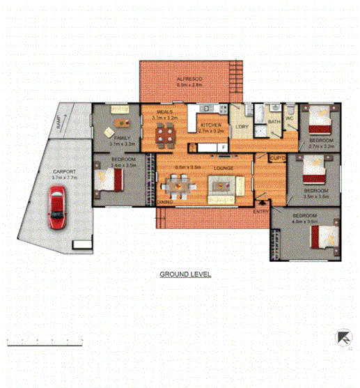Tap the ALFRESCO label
tap(188, 81)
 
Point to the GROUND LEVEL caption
tap(185, 274)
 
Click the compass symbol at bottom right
tap(342, 337)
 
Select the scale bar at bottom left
tap(45, 342)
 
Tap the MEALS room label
tap(164, 111)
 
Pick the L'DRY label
tap(242, 126)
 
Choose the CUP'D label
tap(277, 159)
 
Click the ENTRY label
tap(262, 211)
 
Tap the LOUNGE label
tap(223, 168)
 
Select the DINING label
tap(165, 202)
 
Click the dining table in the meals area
tap(166, 136)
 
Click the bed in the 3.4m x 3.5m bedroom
tap(112, 180)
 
